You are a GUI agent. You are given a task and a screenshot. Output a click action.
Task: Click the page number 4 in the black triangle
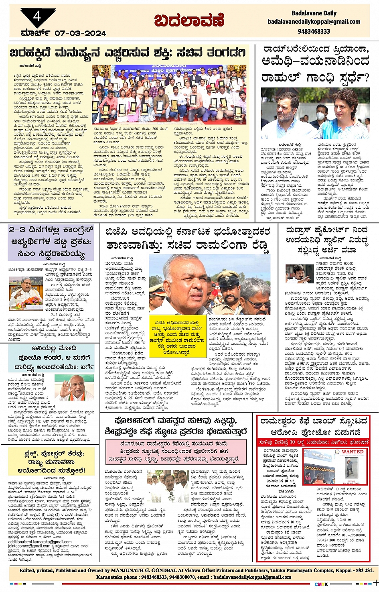point(37,16)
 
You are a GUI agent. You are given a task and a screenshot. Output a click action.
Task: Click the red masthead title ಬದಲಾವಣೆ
point(189,20)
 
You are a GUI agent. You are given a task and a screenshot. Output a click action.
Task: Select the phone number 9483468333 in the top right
point(314,31)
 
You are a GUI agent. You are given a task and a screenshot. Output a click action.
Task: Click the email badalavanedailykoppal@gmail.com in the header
point(314,22)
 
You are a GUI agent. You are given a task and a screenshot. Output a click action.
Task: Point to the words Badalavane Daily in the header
point(314,13)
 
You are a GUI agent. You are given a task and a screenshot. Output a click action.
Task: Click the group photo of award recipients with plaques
point(169,94)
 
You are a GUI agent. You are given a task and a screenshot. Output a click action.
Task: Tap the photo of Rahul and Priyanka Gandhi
point(315,114)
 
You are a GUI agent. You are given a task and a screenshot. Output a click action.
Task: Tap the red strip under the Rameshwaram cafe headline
point(313,442)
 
